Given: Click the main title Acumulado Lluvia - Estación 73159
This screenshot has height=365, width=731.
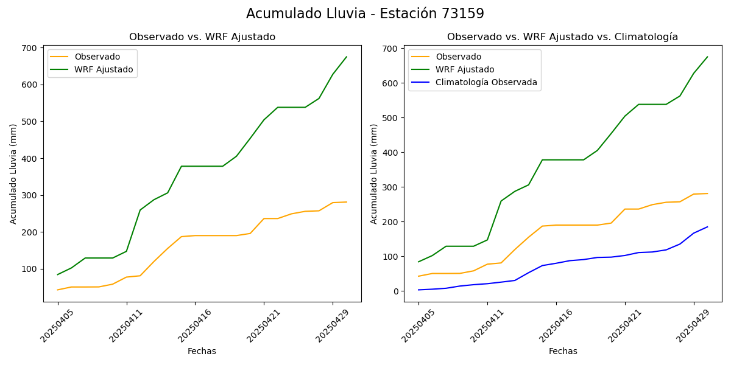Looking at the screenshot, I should click(x=365, y=14).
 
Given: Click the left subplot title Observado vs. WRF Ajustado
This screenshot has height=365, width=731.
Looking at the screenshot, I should click(x=202, y=37).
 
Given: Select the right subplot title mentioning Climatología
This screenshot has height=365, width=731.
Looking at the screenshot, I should click(x=562, y=37).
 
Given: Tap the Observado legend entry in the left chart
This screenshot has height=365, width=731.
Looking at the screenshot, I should click(x=97, y=57).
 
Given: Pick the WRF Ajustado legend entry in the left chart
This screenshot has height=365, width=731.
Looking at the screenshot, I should click(x=104, y=69).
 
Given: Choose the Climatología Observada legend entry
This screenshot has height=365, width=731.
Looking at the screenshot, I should click(x=486, y=83).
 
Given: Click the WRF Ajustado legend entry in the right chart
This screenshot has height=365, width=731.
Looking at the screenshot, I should click(x=465, y=69).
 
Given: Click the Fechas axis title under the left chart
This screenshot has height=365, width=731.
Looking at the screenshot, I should click(x=202, y=351).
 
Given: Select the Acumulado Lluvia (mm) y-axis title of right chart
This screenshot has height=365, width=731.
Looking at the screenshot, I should click(x=373, y=174).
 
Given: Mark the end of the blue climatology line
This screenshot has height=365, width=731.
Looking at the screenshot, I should click(x=707, y=227).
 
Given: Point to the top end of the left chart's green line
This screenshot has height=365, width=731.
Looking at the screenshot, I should click(x=347, y=57).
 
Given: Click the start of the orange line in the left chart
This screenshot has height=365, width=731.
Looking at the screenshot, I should click(x=58, y=290).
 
